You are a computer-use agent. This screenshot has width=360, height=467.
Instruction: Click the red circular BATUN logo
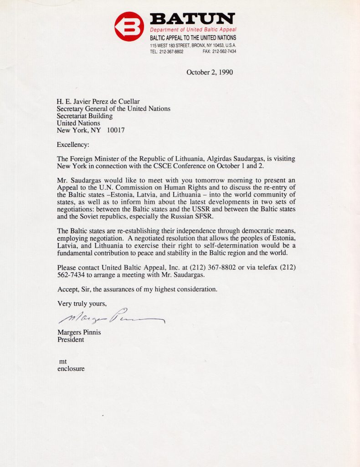point(129,26)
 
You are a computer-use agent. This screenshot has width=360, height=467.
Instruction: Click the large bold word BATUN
point(192,19)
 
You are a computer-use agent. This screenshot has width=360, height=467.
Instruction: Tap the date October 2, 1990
point(210,72)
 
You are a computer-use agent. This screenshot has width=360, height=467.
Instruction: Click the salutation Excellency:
point(73,145)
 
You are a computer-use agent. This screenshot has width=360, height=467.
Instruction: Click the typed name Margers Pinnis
point(79,332)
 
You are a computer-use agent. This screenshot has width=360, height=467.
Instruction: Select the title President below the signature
point(71,339)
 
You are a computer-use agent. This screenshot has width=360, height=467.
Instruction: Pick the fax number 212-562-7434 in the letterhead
point(224,52)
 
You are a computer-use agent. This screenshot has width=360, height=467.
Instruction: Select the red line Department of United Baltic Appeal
point(193,30)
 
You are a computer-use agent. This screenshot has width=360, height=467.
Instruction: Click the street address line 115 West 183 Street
point(193,46)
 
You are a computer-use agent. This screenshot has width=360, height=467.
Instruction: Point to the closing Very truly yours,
point(82,303)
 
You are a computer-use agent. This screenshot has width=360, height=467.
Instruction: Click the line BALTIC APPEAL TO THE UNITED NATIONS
point(193,38)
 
